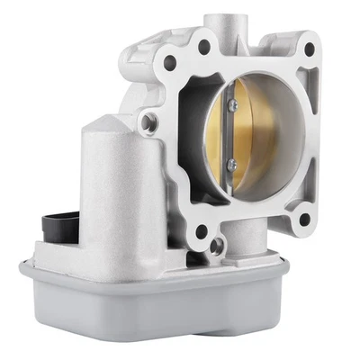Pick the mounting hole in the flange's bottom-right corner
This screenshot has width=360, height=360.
point(304,217)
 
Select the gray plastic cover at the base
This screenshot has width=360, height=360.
point(162,310)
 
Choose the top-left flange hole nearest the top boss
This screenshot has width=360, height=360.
point(204,45)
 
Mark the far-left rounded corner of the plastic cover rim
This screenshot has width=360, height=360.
point(25,266)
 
